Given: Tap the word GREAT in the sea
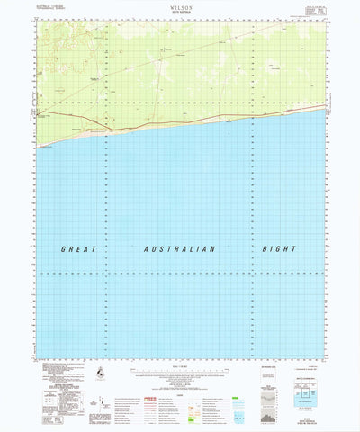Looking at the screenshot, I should click(79, 248).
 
